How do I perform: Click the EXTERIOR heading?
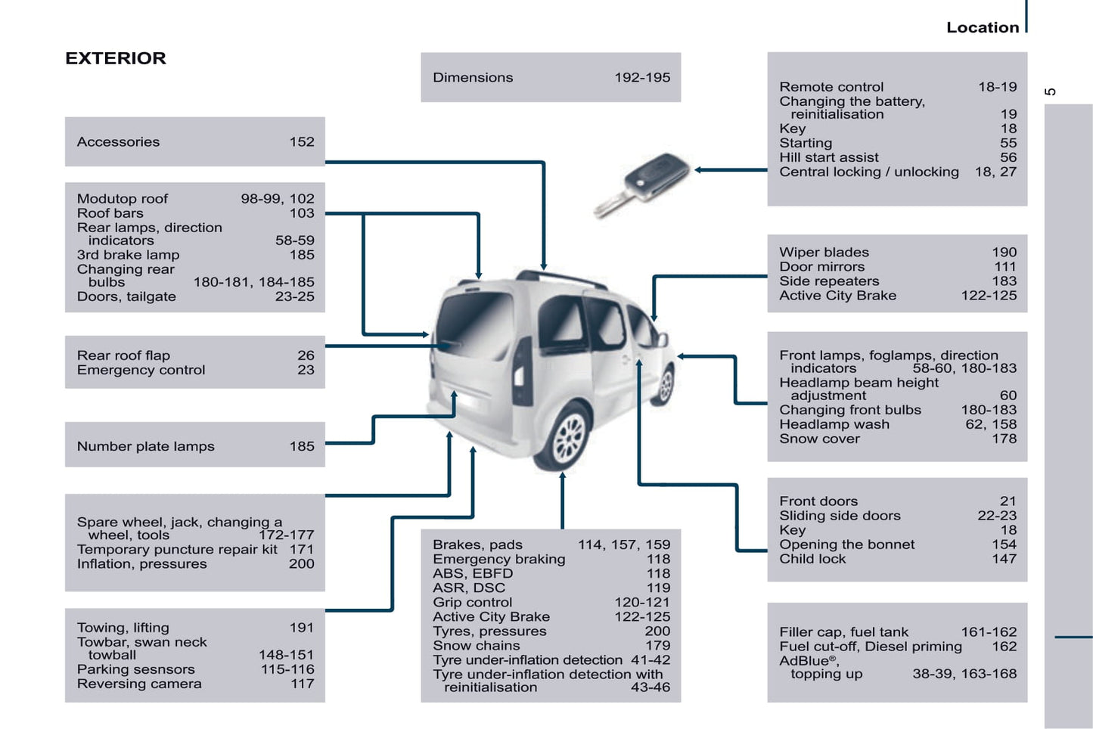[116, 58]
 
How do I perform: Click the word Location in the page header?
[983, 27]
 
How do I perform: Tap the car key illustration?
[641, 184]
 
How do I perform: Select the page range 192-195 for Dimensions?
[642, 78]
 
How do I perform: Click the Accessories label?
[118, 142]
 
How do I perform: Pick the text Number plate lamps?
[145, 446]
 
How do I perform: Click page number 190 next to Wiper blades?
[1005, 253]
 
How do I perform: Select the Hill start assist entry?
[828, 157]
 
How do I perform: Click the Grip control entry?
[472, 603]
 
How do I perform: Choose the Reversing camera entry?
[139, 684]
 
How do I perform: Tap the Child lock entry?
[812, 559]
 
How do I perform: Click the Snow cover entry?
[819, 439]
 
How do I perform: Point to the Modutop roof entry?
[122, 199]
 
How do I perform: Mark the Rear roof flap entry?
[123, 355]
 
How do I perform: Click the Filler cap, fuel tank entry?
[843, 632]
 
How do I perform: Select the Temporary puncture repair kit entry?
[177, 550]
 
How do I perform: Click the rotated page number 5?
[1051, 92]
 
